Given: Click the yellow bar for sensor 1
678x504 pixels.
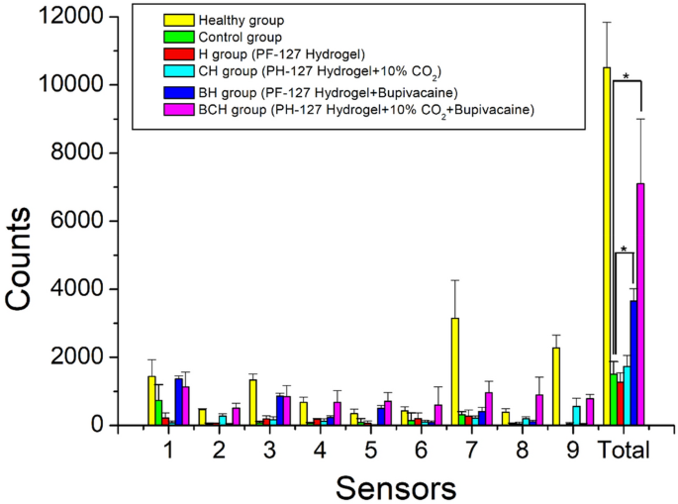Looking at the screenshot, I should point(151,401).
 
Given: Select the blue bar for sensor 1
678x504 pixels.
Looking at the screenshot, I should point(178,402).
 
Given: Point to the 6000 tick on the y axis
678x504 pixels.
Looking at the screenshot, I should point(84,221).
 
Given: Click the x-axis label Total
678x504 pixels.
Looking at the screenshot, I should point(625,452).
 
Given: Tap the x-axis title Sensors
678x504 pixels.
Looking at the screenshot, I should point(396,486).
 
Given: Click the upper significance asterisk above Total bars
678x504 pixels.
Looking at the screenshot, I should point(627,76).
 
